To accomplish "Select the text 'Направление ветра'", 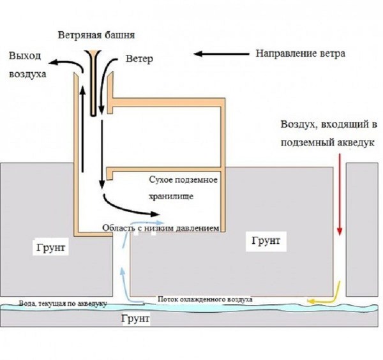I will [x=300, y=54].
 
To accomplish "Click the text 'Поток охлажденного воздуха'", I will [x=204, y=299].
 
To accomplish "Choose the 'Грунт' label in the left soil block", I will [x=50, y=246].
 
